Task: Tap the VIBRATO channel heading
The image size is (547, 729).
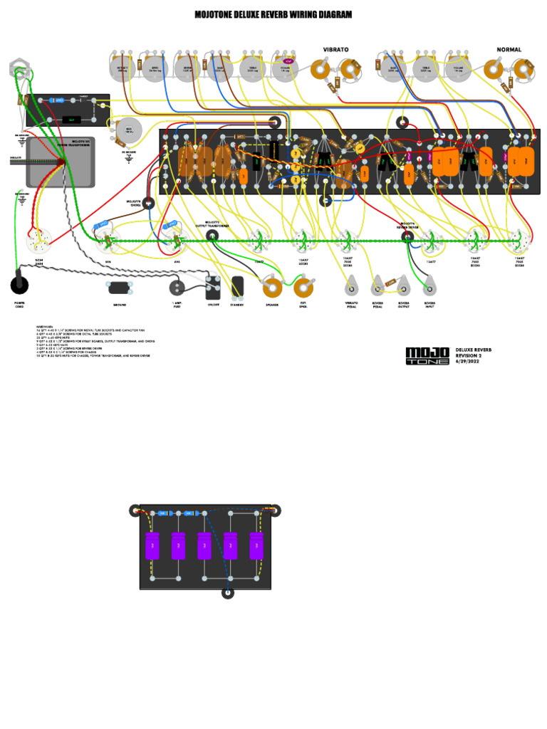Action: pyautogui.click(x=335, y=50)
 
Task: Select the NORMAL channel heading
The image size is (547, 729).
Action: pyautogui.click(x=509, y=50)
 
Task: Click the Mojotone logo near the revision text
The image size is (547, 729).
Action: pyautogui.click(x=427, y=356)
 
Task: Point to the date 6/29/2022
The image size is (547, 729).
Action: pyautogui.click(x=468, y=362)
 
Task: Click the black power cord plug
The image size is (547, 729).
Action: pyautogui.click(x=19, y=285)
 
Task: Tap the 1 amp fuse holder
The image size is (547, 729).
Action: pyautogui.click(x=177, y=288)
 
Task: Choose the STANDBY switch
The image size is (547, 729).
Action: pyautogui.click(x=237, y=286)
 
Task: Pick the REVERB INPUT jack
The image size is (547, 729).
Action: pyautogui.click(x=429, y=288)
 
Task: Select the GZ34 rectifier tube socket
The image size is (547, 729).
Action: pyautogui.click(x=39, y=241)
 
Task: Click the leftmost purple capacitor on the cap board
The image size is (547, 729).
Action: pyautogui.click(x=152, y=546)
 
